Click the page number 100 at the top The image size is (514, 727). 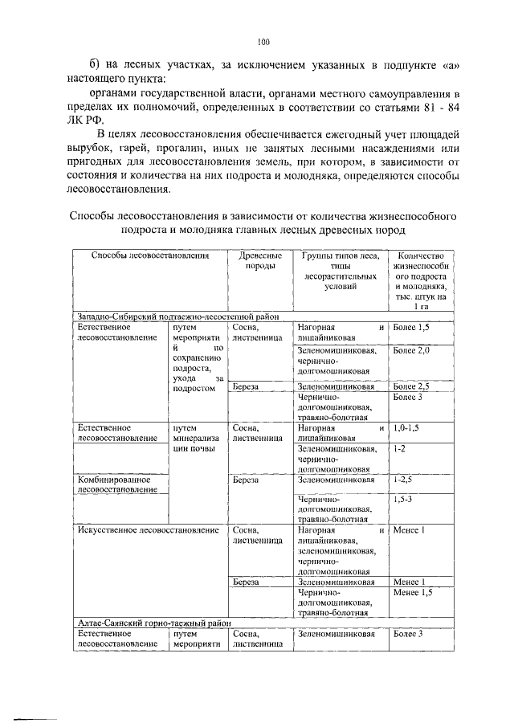[x=263, y=42]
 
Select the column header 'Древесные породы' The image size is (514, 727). [x=257, y=261]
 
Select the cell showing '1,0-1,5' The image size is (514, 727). [x=408, y=429]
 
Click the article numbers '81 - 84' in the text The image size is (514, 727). [x=437, y=105]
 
